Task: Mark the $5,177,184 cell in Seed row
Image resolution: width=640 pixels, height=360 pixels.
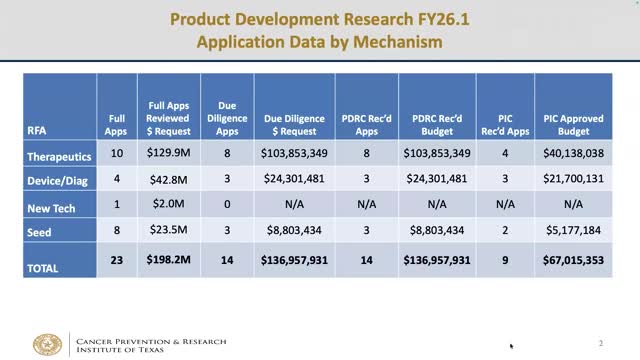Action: [x=572, y=231]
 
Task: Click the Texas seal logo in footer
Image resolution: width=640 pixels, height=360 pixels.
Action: [x=47, y=345]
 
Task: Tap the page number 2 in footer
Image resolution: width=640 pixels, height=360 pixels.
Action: [x=601, y=343]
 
